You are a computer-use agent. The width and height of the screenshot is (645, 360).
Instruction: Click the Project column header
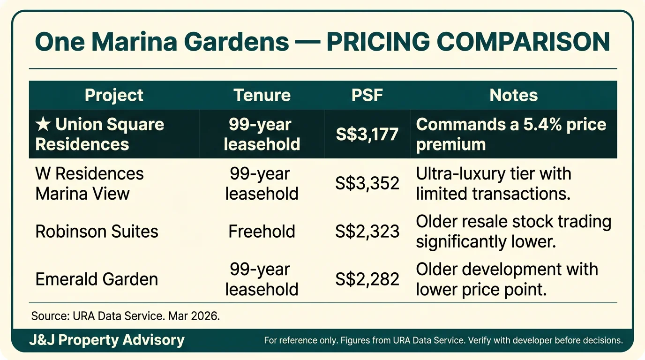tap(114, 96)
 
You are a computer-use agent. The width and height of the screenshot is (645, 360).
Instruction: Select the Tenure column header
tap(262, 96)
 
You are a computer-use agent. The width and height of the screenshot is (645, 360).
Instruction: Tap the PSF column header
tap(367, 96)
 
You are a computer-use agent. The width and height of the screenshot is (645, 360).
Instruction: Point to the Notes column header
tap(513, 96)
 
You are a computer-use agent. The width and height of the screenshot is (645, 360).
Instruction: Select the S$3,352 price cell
tap(367, 183)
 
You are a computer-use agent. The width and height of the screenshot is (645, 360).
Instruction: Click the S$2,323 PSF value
tap(367, 232)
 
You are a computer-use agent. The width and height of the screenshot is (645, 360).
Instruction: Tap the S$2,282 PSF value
tap(367, 279)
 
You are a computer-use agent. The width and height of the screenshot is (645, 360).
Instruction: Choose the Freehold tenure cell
tap(262, 232)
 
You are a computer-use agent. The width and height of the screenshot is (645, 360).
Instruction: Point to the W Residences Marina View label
tap(90, 183)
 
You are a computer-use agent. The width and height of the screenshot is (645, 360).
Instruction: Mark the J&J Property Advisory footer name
tap(107, 340)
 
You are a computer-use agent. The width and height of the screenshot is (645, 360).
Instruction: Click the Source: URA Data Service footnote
tap(126, 315)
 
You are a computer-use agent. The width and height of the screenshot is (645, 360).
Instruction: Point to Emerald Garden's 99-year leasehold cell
tap(262, 279)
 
